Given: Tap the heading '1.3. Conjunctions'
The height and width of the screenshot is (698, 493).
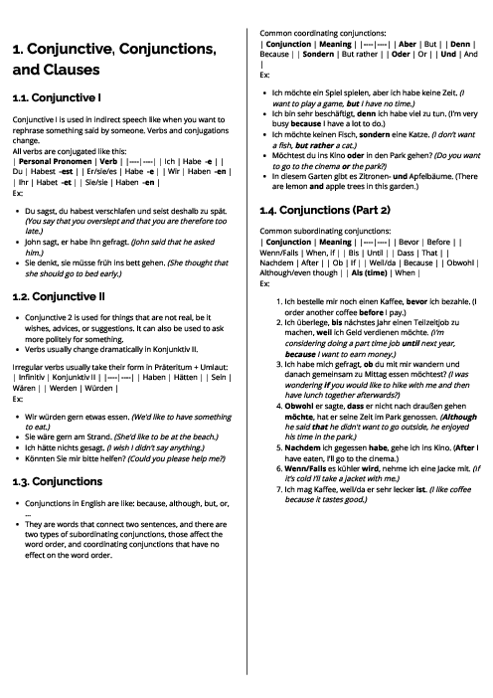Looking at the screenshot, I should (x=59, y=452).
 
